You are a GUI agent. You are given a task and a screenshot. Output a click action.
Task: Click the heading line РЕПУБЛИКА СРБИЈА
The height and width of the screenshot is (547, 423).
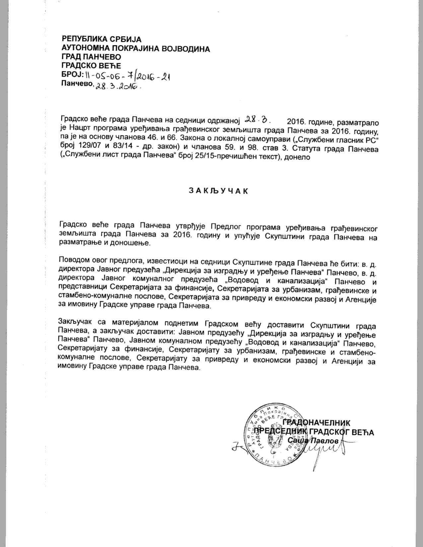(x=102, y=39)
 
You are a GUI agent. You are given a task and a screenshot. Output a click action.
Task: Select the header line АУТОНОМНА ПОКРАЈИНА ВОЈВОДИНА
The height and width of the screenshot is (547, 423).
(x=136, y=49)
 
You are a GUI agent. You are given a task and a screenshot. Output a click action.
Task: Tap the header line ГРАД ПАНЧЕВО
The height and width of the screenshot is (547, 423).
(x=91, y=57)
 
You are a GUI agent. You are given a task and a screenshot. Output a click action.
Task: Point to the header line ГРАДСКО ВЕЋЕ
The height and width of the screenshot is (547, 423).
(x=91, y=66)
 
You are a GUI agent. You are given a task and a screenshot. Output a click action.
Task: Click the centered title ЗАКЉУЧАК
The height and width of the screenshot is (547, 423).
(x=218, y=191)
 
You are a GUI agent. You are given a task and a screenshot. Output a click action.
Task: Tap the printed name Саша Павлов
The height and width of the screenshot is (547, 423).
(x=314, y=441)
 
